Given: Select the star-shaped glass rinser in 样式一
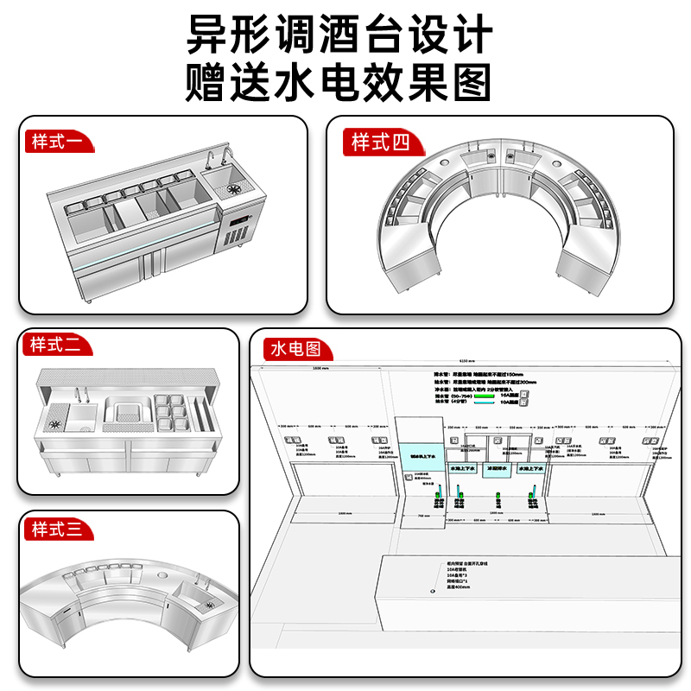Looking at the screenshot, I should (233, 187).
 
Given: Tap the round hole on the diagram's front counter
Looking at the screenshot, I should (433, 592).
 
